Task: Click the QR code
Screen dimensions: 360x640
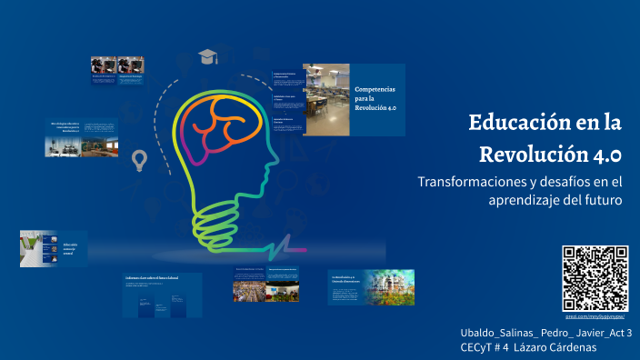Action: [x=595, y=278]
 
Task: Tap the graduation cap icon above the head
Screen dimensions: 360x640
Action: [x=209, y=56]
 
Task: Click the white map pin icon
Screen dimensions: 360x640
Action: [x=139, y=161]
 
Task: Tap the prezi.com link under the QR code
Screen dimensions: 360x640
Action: [x=595, y=316]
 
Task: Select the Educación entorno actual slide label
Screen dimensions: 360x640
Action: [x=70, y=247]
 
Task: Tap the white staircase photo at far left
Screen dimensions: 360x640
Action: [x=33, y=248]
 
